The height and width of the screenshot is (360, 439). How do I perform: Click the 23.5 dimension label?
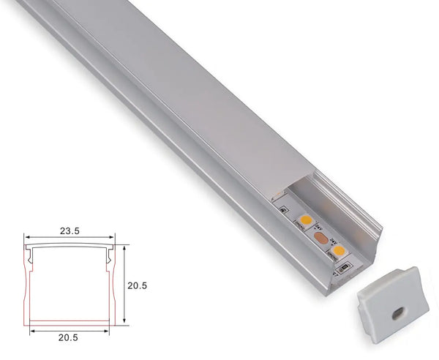click(x=70, y=230)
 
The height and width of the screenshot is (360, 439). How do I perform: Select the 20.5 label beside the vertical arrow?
click(x=137, y=286)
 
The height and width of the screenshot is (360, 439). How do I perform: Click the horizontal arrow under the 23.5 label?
click(x=70, y=238)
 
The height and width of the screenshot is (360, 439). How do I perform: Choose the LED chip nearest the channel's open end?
click(x=338, y=251)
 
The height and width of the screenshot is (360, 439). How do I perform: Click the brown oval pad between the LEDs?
click(x=320, y=237)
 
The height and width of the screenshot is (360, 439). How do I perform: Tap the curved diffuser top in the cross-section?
click(x=70, y=247)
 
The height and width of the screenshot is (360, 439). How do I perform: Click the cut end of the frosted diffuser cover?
click(x=293, y=190)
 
